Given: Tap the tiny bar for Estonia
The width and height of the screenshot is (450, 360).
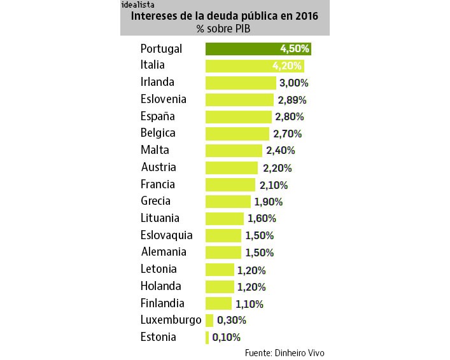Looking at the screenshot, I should [207, 337].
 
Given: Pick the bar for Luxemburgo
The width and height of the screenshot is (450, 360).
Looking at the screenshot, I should [209, 320].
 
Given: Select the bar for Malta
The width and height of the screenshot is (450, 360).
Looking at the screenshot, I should [233, 151].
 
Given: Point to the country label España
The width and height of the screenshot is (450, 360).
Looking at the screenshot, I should [157, 116].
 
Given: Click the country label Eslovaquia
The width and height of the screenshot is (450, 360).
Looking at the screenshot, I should [166, 235].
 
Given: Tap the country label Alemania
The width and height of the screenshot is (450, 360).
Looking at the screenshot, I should [163, 252].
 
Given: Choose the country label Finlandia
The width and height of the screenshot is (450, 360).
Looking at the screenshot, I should [162, 303].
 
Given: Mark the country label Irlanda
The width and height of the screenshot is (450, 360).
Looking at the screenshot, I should [157, 83].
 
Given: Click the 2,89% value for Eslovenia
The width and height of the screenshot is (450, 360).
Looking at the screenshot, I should [292, 100].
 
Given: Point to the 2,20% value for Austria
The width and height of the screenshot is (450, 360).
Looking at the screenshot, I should [276, 168].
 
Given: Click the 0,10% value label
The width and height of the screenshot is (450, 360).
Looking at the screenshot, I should [226, 337].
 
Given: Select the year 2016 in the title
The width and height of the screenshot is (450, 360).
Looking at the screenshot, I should [304, 17].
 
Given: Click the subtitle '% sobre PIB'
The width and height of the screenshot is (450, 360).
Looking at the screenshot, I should [225, 29].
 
